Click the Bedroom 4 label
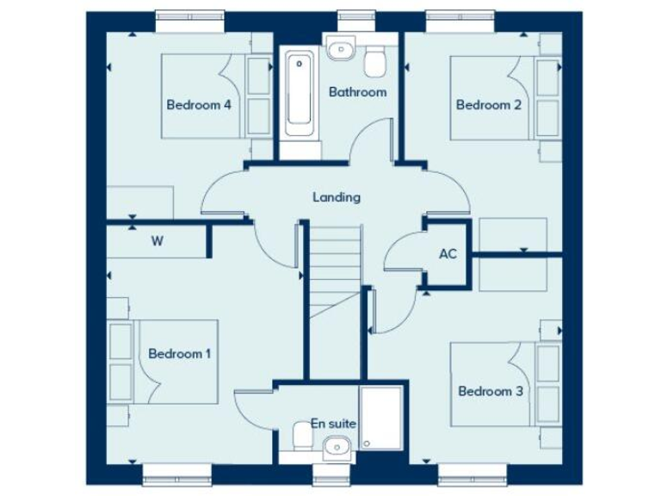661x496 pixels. tap(199, 105)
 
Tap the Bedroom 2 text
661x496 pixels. tap(489, 105)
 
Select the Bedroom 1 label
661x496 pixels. tap(179, 353)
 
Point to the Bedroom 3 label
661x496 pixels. tap(491, 391)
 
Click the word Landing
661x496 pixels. tap(336, 197)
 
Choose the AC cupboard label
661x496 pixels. tap(448, 254)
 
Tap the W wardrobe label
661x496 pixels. tap(158, 241)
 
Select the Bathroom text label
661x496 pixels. tap(358, 91)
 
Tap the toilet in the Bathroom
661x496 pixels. tap(376, 60)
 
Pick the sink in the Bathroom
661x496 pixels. tap(342, 47)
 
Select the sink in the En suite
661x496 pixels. tap(335, 445)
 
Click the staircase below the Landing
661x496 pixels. tap(334, 267)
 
